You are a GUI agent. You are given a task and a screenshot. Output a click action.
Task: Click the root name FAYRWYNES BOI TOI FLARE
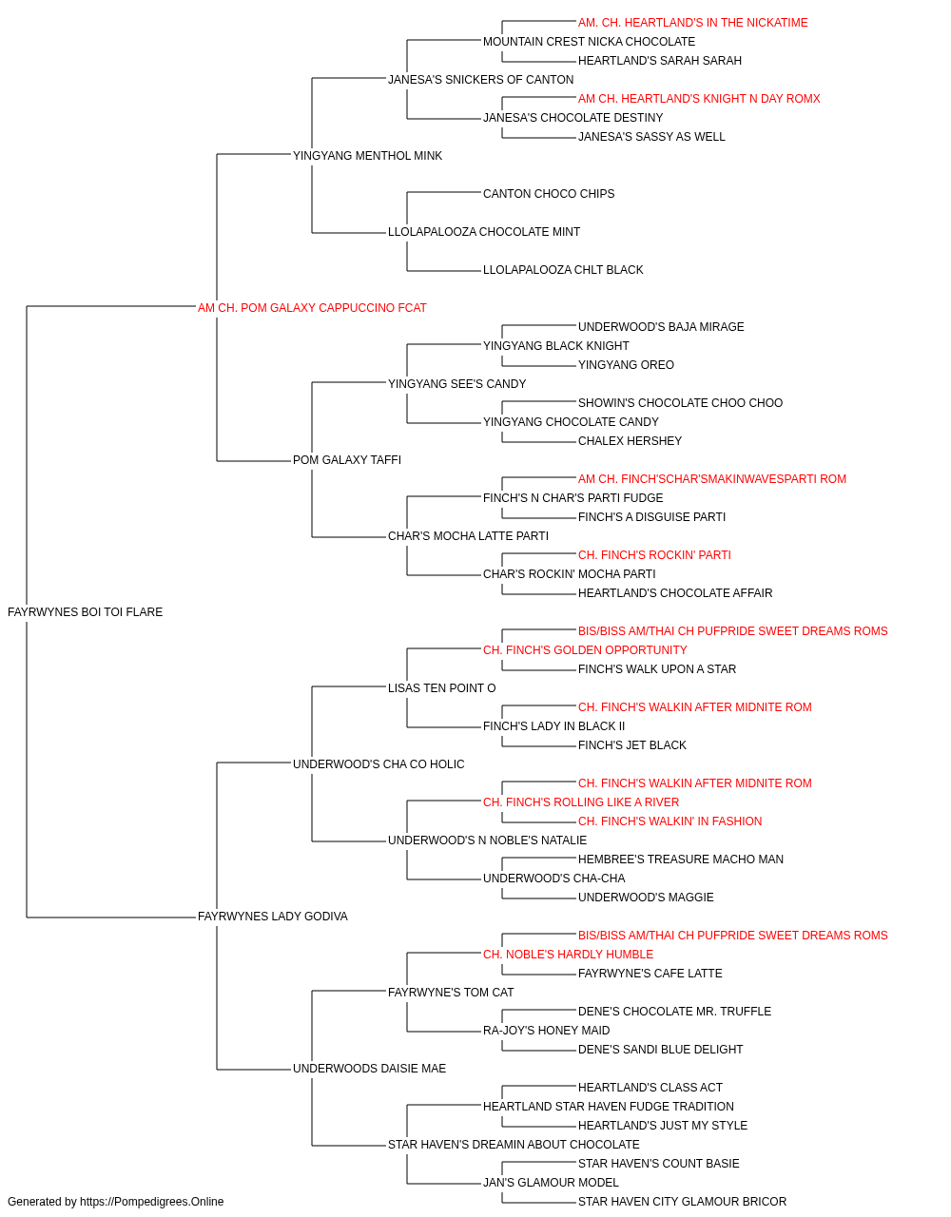(x=86, y=612)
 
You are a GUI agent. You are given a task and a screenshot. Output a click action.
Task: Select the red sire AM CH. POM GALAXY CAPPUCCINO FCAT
(x=312, y=308)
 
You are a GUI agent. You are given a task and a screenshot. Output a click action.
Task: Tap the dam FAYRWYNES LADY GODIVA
(x=273, y=917)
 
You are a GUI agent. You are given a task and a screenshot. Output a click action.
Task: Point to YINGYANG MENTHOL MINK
(x=367, y=156)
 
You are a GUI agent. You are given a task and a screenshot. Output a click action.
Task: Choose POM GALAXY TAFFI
(x=347, y=460)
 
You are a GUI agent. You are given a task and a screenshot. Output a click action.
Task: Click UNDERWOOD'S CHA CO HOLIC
(x=378, y=764)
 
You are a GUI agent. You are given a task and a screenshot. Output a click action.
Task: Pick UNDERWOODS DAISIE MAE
(x=370, y=1069)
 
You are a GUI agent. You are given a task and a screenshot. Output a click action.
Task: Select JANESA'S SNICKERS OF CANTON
(x=481, y=80)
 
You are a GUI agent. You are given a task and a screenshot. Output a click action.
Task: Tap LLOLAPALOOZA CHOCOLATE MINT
(x=484, y=232)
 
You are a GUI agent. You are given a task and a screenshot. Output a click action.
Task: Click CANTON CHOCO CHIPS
(x=549, y=194)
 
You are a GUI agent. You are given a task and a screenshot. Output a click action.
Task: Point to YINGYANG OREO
(x=626, y=365)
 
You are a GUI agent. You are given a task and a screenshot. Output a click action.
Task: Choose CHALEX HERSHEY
(x=631, y=441)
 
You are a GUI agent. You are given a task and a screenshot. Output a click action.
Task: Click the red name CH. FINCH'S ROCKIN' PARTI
(x=654, y=555)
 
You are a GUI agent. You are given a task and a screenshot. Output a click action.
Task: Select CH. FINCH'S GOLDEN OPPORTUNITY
(x=585, y=650)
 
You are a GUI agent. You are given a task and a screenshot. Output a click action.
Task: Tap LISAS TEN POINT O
(x=442, y=688)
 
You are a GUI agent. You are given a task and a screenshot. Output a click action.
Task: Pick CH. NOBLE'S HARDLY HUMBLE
(x=569, y=955)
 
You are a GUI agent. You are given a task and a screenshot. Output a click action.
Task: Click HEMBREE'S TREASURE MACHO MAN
(x=681, y=860)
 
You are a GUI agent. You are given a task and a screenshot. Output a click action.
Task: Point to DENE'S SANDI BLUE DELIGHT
(x=661, y=1050)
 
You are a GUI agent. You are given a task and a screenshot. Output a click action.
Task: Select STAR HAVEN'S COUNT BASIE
(x=659, y=1164)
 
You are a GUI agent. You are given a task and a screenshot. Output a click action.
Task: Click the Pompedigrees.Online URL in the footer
(x=152, y=1202)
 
